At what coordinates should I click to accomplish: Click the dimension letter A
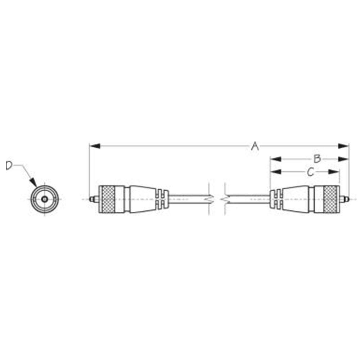[x=255, y=146]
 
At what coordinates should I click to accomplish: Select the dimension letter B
[x=317, y=158]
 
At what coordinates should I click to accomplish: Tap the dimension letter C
[x=310, y=172]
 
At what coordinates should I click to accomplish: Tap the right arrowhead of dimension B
[x=343, y=159]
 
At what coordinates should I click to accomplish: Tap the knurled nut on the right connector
[x=332, y=198]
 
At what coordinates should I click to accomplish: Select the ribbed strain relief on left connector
[x=162, y=199]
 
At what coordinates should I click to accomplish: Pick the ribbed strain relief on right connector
[x=276, y=199]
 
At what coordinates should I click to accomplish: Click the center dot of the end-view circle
[x=44, y=199]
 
